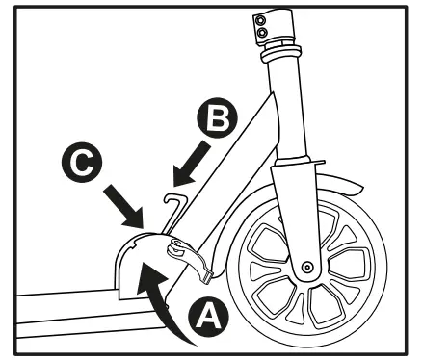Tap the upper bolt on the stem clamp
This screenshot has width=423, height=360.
click(258, 18)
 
